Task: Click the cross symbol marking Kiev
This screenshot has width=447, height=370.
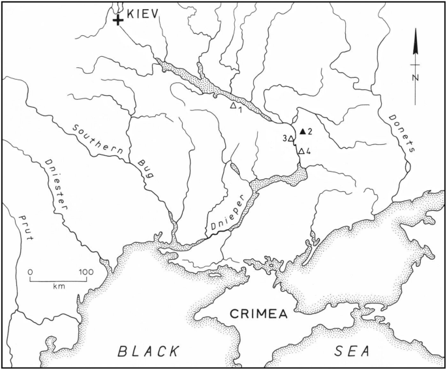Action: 118,21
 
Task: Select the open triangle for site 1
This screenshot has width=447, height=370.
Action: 233,104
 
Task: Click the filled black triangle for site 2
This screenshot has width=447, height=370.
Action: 303,131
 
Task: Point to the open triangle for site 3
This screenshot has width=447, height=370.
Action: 292,138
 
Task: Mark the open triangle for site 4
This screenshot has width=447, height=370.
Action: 301,151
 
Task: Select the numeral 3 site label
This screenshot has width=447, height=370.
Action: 285,138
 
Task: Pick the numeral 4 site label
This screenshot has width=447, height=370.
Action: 308,152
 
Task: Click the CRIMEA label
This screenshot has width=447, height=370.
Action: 259,315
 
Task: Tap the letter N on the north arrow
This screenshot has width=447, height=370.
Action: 415,77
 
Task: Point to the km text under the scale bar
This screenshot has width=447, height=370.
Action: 59,286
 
